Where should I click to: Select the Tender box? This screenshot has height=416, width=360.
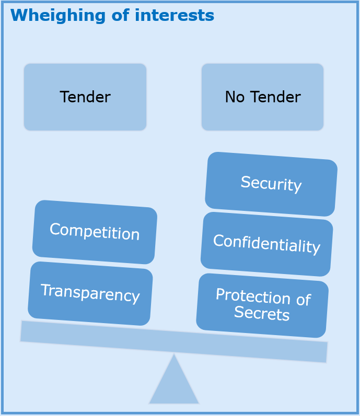(x=85, y=97)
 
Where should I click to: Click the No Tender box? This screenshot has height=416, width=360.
(x=262, y=97)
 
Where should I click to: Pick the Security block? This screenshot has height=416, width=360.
(x=271, y=184)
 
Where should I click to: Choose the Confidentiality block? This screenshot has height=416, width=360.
(x=266, y=244)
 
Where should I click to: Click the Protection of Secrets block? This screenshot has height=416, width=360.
(x=262, y=305)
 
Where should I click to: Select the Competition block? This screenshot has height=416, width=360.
(x=95, y=232)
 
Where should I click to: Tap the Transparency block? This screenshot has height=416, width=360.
(x=90, y=293)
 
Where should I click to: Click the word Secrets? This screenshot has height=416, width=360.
(x=262, y=313)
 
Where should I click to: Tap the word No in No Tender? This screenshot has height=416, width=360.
(x=234, y=97)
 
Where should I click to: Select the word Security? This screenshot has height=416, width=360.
(x=271, y=184)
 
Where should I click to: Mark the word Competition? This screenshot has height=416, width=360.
(x=95, y=232)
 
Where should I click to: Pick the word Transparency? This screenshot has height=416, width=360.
(x=90, y=293)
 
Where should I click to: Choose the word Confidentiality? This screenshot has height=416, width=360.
(x=266, y=244)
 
